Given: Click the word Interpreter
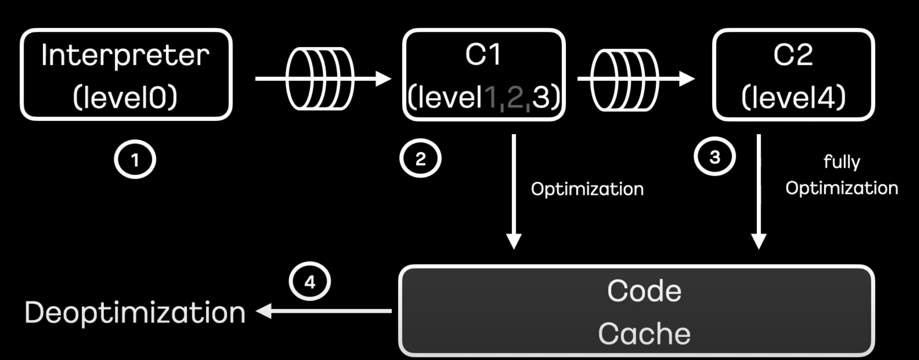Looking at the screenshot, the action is click(125, 55).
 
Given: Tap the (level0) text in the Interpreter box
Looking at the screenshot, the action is click(125, 97).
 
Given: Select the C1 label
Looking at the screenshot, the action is click(483, 54).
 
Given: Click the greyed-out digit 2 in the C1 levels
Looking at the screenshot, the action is click(515, 97).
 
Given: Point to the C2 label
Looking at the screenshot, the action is click(793, 54).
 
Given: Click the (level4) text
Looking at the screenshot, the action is click(793, 97).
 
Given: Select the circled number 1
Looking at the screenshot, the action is click(135, 159).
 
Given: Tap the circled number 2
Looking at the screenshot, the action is click(420, 158).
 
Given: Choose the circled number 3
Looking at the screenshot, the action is click(715, 156).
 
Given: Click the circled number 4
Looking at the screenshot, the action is click(309, 281).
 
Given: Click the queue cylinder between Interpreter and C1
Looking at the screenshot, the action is click(320, 78).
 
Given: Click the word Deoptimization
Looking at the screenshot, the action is click(135, 313).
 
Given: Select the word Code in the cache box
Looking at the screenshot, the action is click(644, 291).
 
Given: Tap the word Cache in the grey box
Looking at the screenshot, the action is click(644, 334).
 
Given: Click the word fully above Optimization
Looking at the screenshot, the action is click(842, 162).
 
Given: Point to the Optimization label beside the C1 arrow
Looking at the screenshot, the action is click(587, 189).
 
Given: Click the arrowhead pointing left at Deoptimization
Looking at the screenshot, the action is click(264, 311).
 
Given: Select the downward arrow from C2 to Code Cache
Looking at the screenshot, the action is click(759, 192).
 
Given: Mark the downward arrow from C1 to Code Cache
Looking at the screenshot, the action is click(514, 192).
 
